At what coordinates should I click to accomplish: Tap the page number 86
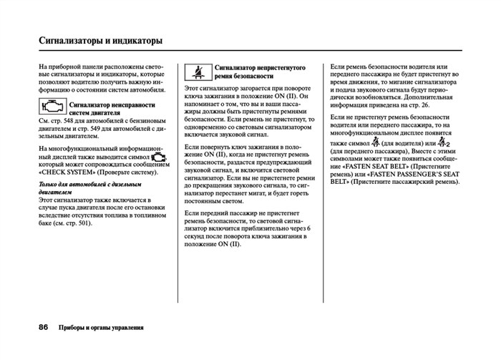pyautogui.click(x=44, y=327)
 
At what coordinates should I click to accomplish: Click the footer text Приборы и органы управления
pyautogui.click(x=101, y=328)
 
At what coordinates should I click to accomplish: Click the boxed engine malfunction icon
pyautogui.click(x=51, y=107)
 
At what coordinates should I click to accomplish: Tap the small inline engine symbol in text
pyautogui.click(x=158, y=155)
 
